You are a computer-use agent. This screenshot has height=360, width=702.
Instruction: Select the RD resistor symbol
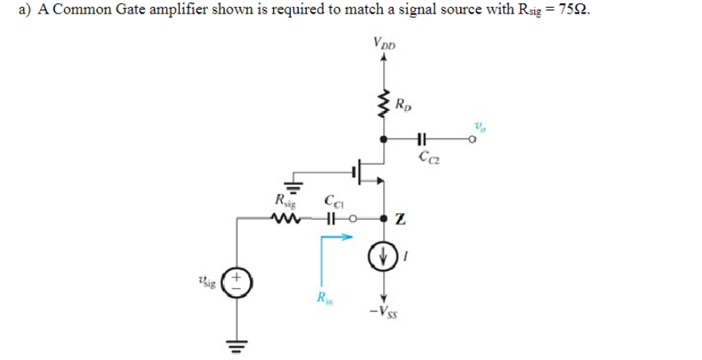(385, 104)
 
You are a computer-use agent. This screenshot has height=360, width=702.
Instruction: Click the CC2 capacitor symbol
(422, 138)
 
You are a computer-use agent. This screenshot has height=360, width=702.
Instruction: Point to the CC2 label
(426, 156)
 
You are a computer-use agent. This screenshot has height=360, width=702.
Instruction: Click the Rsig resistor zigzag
(285, 217)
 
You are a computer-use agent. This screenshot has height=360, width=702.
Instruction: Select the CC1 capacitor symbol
(330, 217)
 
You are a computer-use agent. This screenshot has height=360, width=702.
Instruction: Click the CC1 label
(333, 201)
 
